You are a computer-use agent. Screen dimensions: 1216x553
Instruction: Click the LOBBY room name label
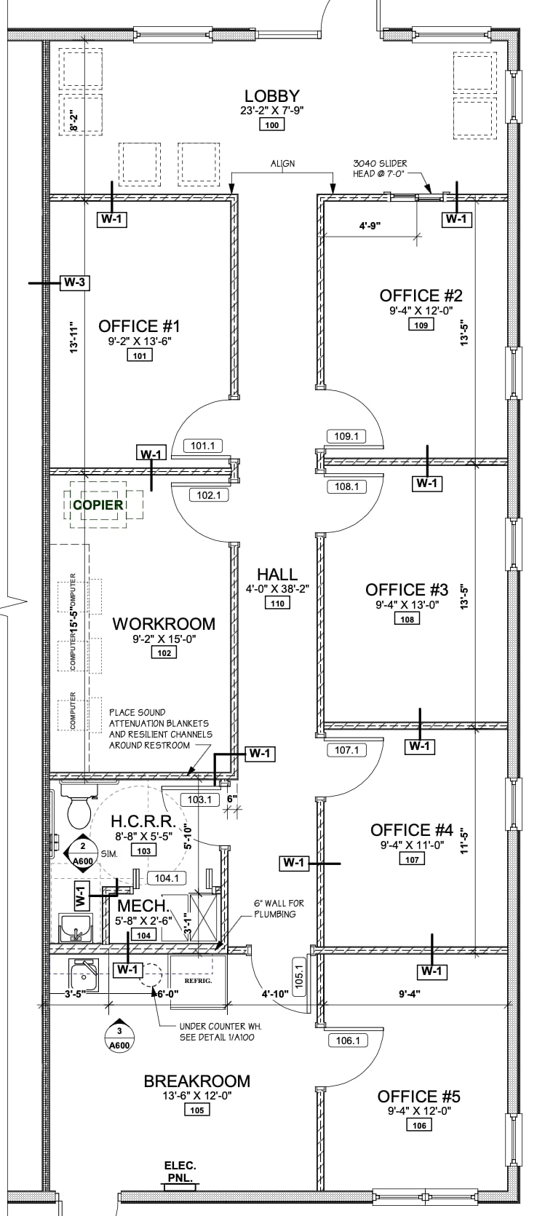271,96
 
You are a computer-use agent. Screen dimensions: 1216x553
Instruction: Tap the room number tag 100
272,125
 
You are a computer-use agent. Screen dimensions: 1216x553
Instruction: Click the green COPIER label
98,504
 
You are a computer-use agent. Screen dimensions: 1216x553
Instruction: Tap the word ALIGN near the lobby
283,164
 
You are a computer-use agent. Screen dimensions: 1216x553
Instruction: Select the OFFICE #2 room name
421,296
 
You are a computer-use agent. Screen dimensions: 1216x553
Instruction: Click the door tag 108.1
346,486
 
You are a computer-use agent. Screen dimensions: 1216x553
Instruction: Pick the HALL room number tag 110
277,603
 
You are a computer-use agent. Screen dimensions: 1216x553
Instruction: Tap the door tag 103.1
199,800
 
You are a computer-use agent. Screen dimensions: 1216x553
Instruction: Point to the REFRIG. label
197,981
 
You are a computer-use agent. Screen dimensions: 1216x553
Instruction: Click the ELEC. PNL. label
180,1171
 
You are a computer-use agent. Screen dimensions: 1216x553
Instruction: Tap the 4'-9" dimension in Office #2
370,226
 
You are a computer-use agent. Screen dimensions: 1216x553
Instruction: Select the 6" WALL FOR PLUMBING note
279,908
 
